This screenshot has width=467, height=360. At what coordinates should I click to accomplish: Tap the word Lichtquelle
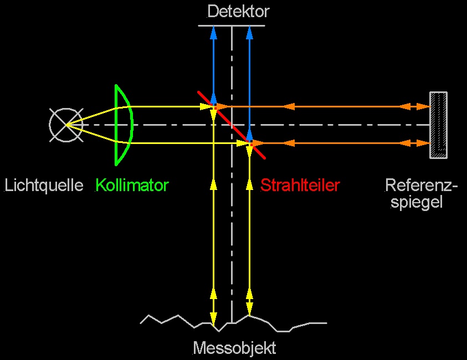tap(44, 185)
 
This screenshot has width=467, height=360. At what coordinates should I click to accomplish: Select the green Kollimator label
tap(132, 185)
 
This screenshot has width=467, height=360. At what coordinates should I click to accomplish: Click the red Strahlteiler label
tap(300, 185)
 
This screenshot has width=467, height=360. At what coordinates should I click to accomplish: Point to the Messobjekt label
tap(234, 348)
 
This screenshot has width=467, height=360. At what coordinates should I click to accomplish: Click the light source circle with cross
tap(65, 125)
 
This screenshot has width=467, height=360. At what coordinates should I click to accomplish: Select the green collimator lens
tap(125, 125)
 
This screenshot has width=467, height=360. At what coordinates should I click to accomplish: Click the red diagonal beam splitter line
tap(232, 125)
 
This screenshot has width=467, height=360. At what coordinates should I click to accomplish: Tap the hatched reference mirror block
tap(438, 125)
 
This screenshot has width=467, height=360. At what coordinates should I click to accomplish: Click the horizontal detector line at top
tap(232, 25)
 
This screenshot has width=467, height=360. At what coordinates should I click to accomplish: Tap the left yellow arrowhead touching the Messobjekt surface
tap(213, 318)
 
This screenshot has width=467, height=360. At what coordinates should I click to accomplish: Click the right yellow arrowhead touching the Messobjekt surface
tap(249, 309)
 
